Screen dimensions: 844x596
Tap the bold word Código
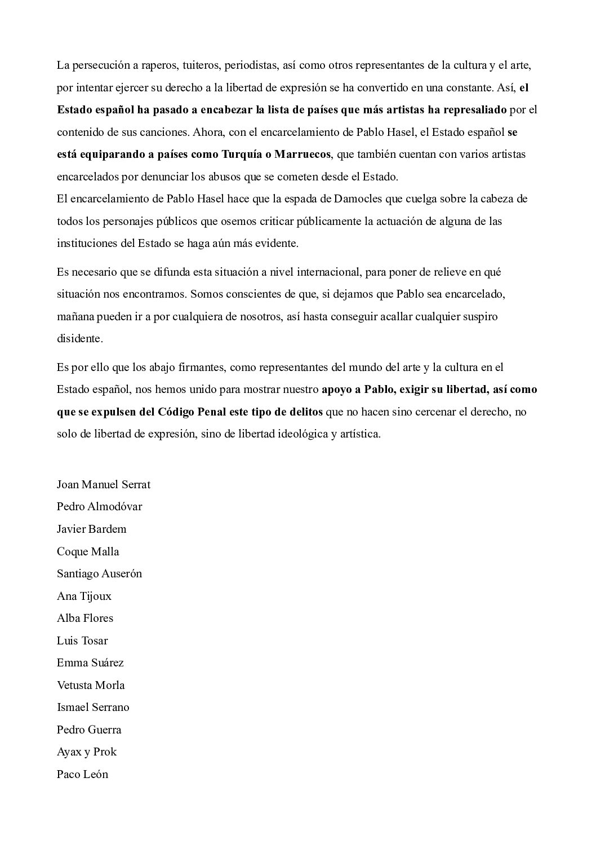[168, 412]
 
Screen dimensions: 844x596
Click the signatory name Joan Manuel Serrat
[104, 484]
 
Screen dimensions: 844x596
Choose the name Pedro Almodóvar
[100, 507]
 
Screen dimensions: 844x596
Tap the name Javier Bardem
[92, 529]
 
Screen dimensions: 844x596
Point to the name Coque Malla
[88, 551]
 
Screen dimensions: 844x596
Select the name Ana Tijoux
[84, 596]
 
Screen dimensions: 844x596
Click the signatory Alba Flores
[85, 618]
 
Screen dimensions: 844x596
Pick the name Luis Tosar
[82, 640]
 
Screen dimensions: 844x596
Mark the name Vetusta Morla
[91, 686]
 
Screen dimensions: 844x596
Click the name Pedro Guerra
[89, 730]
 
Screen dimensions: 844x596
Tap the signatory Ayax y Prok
[87, 752]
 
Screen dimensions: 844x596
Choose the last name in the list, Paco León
[82, 775]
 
